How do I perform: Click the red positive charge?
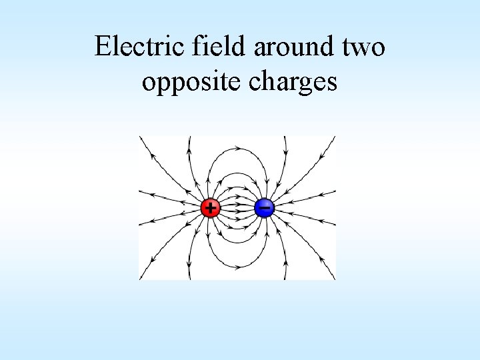click(x=210, y=208)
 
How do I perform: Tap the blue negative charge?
click(x=265, y=208)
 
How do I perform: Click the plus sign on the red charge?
click(x=210, y=208)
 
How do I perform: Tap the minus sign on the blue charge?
click(x=265, y=208)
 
